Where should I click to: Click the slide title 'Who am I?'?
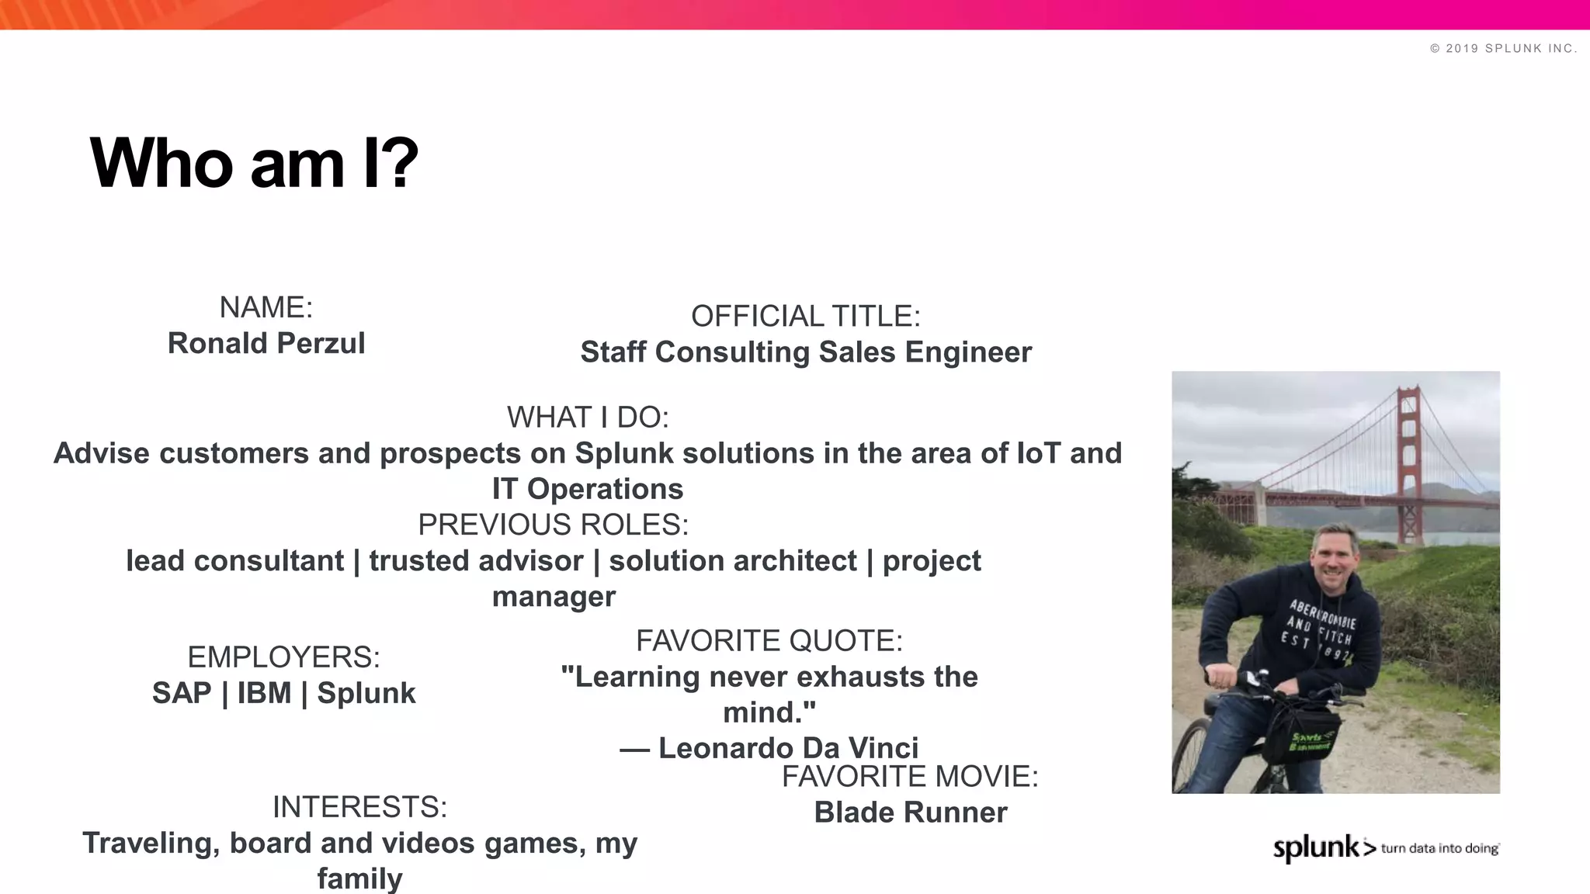[254, 163]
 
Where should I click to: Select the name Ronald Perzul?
[266, 343]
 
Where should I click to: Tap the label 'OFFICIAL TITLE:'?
[805, 316]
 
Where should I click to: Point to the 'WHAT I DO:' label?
[588, 418]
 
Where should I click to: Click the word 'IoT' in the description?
[1038, 453]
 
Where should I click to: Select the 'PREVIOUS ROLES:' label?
[553, 525]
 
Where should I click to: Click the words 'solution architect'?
[732, 561]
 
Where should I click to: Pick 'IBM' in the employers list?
[264, 693]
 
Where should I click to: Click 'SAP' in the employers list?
[182, 693]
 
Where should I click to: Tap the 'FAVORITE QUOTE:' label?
[769, 641]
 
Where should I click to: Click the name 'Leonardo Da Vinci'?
[788, 748]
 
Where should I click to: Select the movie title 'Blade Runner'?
[910, 813]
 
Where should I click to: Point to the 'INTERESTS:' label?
[359, 807]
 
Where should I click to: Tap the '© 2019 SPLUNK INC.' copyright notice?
[1503, 48]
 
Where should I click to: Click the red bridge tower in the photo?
[1408, 466]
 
